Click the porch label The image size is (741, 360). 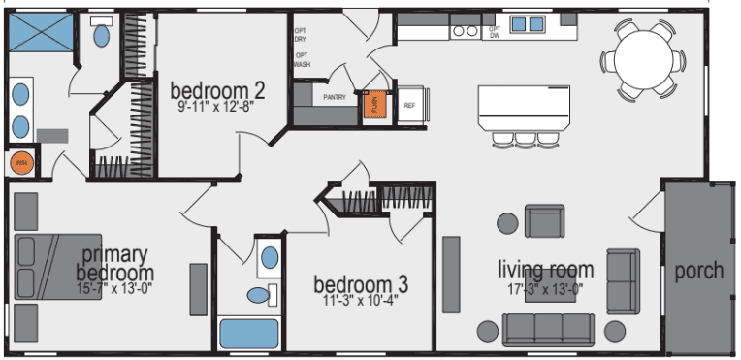[x=698, y=270]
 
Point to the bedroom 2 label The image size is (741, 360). [x=217, y=91]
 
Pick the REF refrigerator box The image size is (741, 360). [x=409, y=104]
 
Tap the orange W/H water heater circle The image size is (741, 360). [x=22, y=162]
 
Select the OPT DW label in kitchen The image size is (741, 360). [x=494, y=31]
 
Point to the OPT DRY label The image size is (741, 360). [x=302, y=34]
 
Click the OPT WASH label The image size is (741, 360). [x=303, y=59]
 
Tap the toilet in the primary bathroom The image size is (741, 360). [x=100, y=36]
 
